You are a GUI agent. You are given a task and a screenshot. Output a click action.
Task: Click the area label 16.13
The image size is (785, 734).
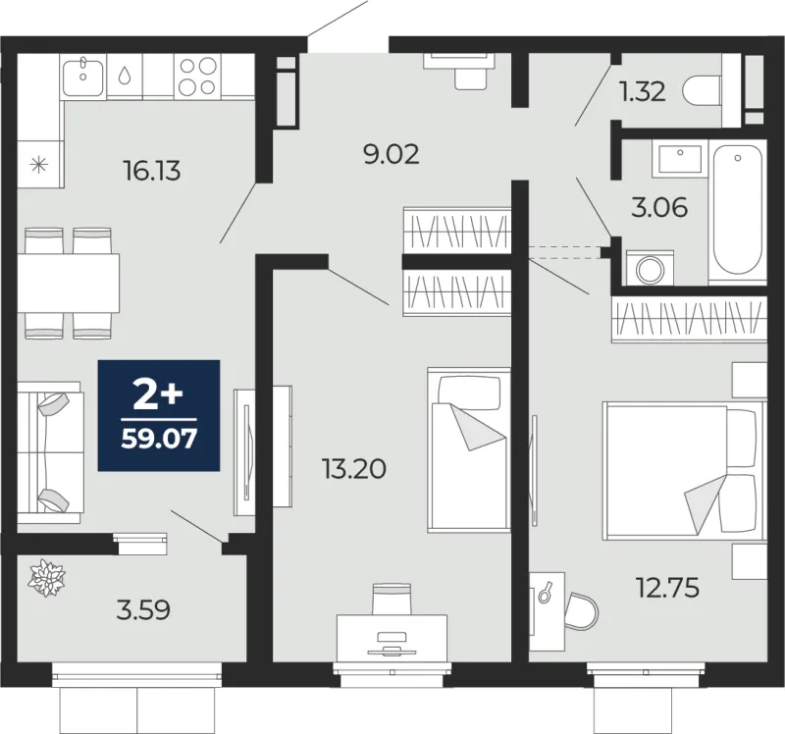pyautogui.click(x=151, y=171)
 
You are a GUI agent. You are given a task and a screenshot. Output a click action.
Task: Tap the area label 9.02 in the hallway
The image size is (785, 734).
pyautogui.click(x=391, y=154)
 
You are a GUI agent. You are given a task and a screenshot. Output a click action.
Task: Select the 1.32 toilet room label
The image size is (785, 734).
pyautogui.click(x=643, y=91)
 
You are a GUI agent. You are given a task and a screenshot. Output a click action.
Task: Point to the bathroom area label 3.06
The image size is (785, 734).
pyautogui.click(x=659, y=207)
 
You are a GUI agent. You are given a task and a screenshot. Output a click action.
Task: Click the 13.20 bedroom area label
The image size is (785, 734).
pyautogui.click(x=354, y=469)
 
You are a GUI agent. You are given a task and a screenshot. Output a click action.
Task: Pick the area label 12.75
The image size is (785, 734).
pyautogui.click(x=667, y=588)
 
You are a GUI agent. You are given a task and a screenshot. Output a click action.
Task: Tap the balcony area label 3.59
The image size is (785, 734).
pyautogui.click(x=143, y=610)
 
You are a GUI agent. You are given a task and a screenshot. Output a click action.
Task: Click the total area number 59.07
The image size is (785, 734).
pyautogui.click(x=159, y=439)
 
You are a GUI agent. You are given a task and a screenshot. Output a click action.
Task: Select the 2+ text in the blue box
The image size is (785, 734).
pyautogui.click(x=158, y=394)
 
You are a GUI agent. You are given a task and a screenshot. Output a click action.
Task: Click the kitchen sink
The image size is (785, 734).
pyautogui.click(x=83, y=77)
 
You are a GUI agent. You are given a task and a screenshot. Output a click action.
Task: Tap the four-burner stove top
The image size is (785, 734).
pyautogui.click(x=198, y=77)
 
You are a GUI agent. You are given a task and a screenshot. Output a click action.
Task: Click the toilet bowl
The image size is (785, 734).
pyautogui.click(x=704, y=90)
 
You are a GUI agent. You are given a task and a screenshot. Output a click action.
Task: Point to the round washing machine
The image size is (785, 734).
pyautogui.click(x=650, y=270)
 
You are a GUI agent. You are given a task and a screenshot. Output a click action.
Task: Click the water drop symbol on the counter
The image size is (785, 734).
pyautogui.click(x=125, y=76)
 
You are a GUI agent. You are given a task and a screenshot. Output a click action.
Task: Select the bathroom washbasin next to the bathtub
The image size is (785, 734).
pyautogui.click(x=680, y=159)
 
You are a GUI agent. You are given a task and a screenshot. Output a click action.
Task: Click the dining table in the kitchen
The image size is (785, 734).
pyautogui.click(x=69, y=283)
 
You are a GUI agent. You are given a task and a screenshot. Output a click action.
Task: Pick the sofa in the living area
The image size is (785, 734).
pyautogui.click(x=50, y=452)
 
